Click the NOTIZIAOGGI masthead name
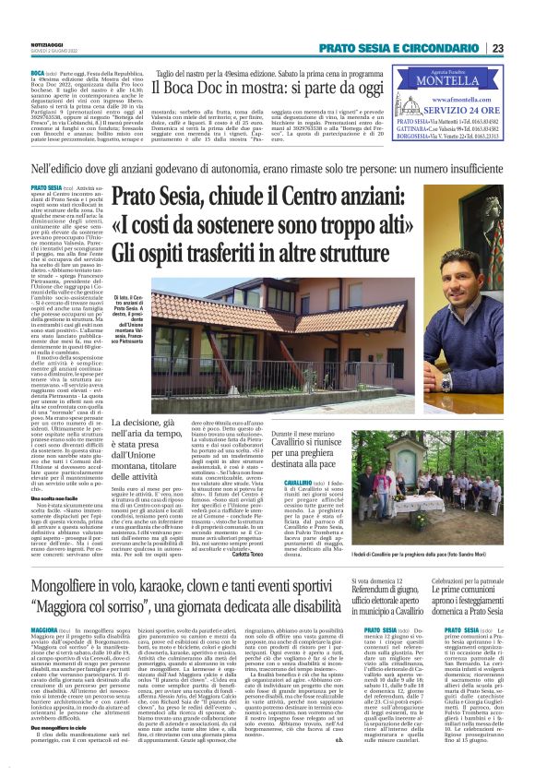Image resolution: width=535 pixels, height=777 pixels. click(46, 43)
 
